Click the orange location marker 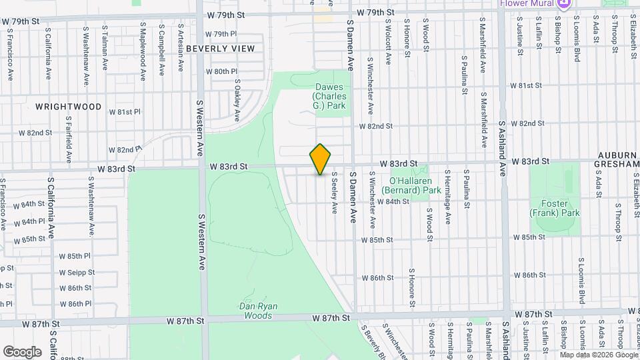tap(321, 159)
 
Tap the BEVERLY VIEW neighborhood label tap(220, 49)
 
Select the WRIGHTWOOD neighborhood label tap(69, 107)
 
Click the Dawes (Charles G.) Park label tap(329, 97)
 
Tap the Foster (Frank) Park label tap(555, 208)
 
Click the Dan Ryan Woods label tap(259, 311)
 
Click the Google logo tap(23, 351)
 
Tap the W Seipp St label tap(77, 272)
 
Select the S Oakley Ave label tap(237, 101)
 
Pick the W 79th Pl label tap(221, 34)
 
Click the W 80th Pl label tap(221, 71)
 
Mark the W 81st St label tap(527, 86)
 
